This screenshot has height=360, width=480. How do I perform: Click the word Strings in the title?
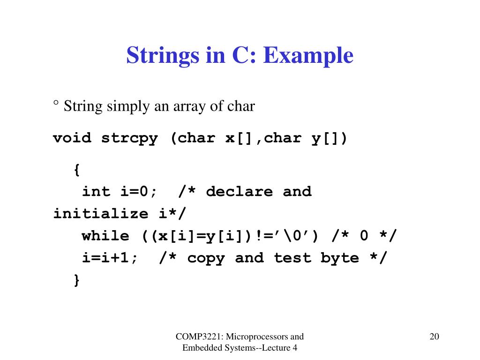point(163,55)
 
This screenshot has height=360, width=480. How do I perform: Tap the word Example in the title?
point(308,55)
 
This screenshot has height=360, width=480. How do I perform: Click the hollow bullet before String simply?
point(56,103)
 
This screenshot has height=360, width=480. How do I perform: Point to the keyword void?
point(72,138)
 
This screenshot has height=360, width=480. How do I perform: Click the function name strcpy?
point(130,138)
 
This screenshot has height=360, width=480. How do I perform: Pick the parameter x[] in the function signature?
point(239,138)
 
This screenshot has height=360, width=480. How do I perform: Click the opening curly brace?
point(77,170)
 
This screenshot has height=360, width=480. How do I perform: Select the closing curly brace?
point(77,280)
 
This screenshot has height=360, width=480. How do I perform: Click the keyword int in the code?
point(96,192)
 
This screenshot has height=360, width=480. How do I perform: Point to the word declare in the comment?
point(240,192)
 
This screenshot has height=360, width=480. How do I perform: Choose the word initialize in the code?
point(101,213)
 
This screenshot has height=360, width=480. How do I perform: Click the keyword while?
point(105,236)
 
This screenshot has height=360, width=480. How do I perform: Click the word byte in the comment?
point(339,258)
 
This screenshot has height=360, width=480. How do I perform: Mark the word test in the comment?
point(292,258)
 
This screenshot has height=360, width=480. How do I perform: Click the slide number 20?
point(435,337)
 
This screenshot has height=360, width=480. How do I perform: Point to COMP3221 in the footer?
point(199,337)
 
